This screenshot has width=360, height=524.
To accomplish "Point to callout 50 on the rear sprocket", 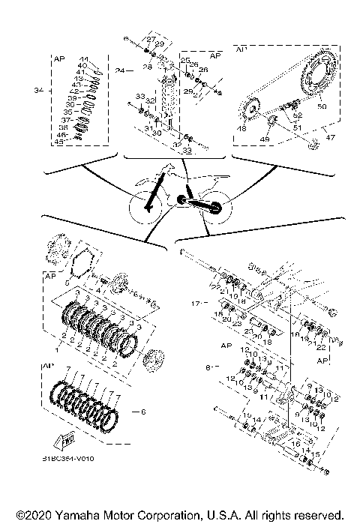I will pyautogui.click(x=322, y=108).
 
